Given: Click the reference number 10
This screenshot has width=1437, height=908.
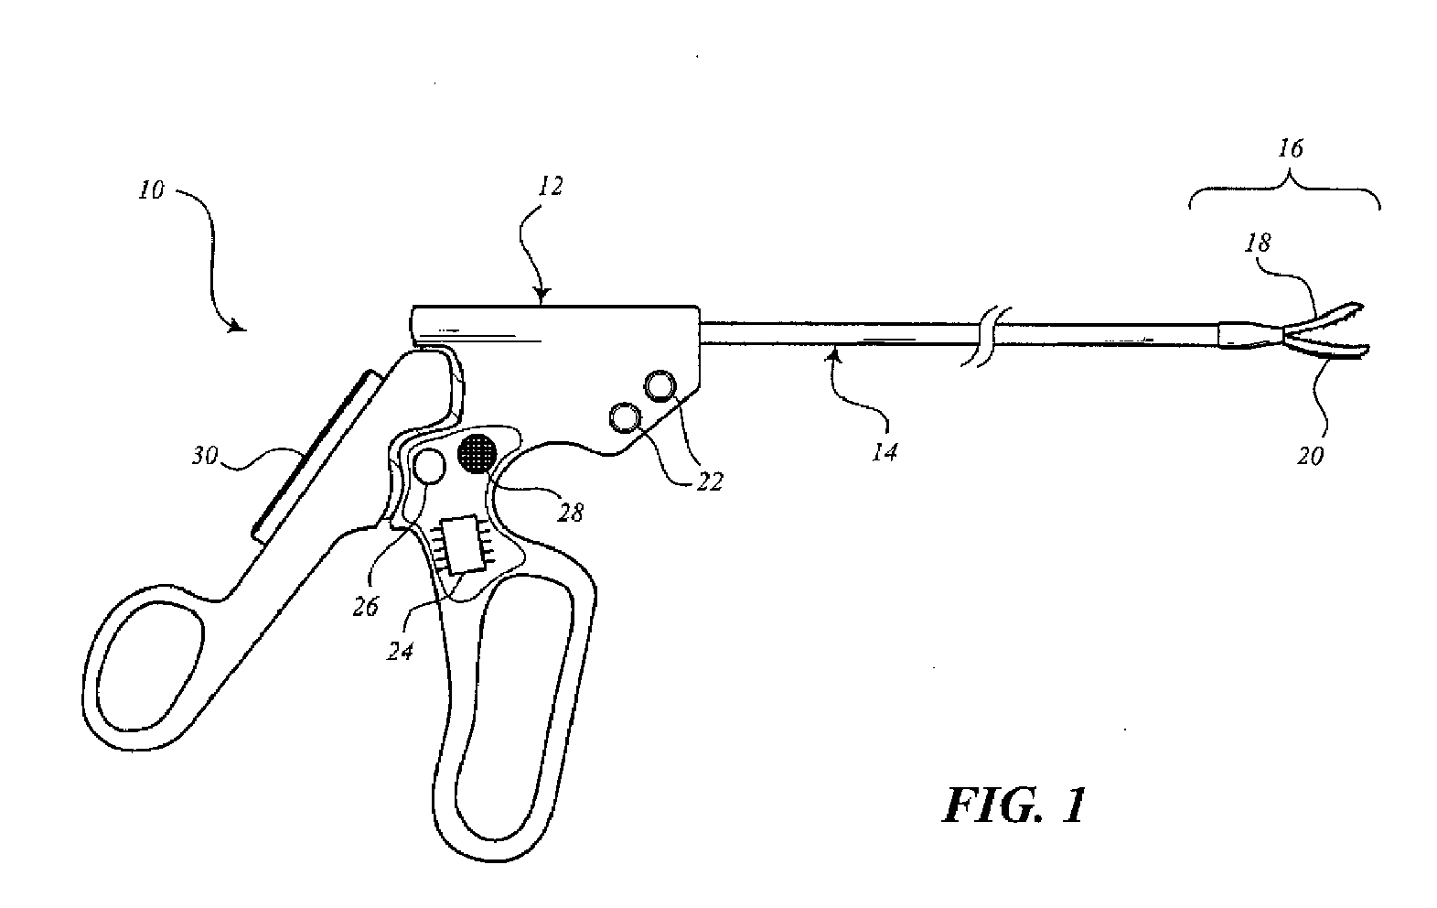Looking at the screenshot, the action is [152, 191].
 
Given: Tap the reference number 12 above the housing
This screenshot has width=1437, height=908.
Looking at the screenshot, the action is [551, 187].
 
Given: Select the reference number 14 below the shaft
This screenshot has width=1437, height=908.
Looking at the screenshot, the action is [885, 450].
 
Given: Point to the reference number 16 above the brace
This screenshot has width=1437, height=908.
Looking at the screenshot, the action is [1290, 148].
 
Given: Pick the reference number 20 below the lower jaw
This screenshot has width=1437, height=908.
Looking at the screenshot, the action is [1311, 455].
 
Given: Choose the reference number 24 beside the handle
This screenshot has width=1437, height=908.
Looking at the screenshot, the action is [401, 651].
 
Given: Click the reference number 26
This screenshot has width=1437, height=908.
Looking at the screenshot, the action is [365, 606].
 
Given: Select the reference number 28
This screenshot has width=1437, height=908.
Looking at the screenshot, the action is [570, 512].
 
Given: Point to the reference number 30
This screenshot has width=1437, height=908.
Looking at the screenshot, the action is [204, 454].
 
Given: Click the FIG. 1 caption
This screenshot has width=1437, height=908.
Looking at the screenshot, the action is [1014, 805].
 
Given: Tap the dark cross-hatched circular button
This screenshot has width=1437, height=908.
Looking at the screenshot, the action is [477, 453].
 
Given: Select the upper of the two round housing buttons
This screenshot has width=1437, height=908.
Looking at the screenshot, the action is [662, 387].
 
